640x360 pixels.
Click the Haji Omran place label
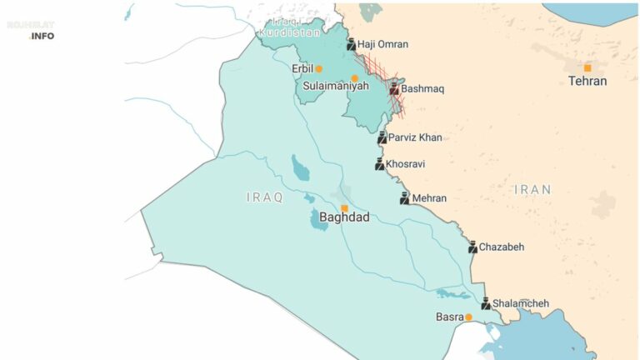pos(382,45)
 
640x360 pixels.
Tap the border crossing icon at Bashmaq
pos(394,87)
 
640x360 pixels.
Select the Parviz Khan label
pos(415,137)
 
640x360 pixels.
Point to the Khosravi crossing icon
pos(380,164)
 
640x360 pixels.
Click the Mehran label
pos(429,198)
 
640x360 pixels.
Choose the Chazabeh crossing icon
pos(472,247)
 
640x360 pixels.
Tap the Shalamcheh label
pos(521,303)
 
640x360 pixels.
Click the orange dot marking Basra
pos(468,317)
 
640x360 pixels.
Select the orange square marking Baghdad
pos(344,208)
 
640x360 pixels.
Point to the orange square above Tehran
pos(587,67)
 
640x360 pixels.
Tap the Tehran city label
pos(587,82)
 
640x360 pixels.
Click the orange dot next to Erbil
pos(318,68)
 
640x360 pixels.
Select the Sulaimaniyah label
pos(335,86)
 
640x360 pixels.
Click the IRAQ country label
pos(265,197)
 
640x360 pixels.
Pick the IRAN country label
pos(532,190)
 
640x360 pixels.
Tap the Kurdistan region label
pos(288,32)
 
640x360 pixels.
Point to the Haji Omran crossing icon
pos(351,45)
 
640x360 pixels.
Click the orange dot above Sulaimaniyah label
pos(354,77)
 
